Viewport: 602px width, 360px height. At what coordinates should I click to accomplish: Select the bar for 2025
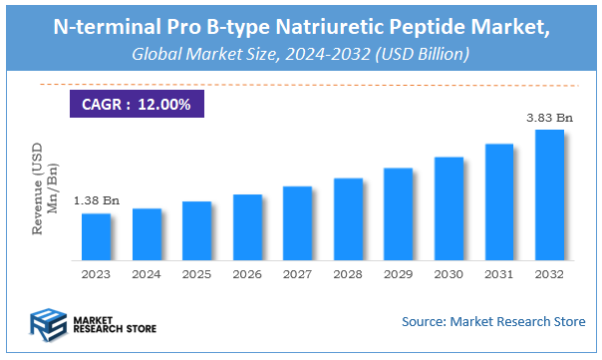point(196,229)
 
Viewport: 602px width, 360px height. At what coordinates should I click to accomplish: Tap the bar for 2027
point(297,221)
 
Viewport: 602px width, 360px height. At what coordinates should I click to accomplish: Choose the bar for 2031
point(498,200)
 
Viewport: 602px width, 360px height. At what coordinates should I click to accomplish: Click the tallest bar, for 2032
point(549,193)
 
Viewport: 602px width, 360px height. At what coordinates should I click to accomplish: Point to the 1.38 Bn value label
point(95,201)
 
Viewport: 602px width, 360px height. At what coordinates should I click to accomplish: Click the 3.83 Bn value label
point(549,118)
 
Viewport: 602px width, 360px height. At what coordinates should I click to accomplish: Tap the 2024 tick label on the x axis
point(147,273)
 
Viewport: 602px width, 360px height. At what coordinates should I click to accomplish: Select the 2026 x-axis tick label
point(247,273)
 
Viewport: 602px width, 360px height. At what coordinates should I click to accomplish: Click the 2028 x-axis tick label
point(348,273)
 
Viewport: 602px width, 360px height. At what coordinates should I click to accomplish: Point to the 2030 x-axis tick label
point(449,273)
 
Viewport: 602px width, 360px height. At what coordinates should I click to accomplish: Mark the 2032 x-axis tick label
point(549,273)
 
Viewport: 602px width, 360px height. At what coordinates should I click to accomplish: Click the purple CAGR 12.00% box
point(137,103)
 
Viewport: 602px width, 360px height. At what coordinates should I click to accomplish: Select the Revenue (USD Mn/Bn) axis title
point(44,190)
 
